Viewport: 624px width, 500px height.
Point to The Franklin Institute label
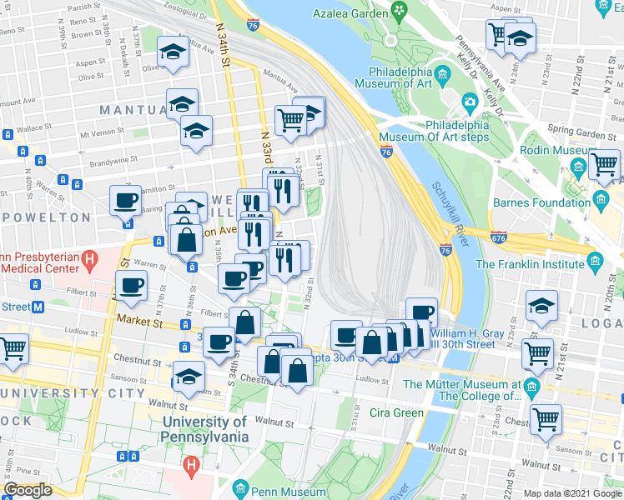pyautogui.click(x=530, y=264)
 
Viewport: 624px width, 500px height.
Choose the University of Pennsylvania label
pyautogui.click(x=204, y=430)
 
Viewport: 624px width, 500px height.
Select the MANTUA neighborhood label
pyautogui.click(x=133, y=110)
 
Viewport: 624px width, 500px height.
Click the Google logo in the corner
pyautogui.click(x=28, y=491)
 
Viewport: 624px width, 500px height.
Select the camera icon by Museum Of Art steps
pyautogui.click(x=470, y=102)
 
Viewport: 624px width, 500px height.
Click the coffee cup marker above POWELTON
pyautogui.click(x=127, y=200)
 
